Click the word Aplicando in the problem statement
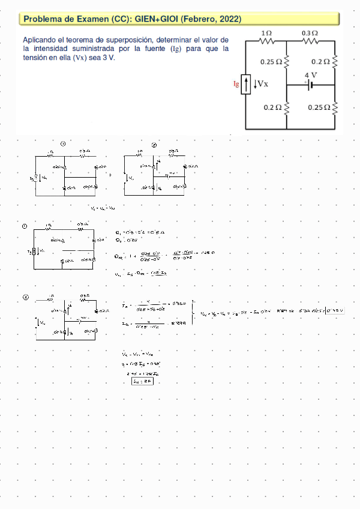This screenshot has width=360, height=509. [x=41, y=40]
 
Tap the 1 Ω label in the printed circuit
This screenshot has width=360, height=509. [x=267, y=32]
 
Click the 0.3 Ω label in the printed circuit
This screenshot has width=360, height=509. [x=310, y=32]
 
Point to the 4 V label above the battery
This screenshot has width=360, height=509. [x=311, y=75]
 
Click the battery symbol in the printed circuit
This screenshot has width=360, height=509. [x=311, y=85]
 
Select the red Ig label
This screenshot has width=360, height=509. [x=236, y=84]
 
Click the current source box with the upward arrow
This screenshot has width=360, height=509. [x=246, y=85]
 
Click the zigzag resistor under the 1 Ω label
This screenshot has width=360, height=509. [x=266, y=41]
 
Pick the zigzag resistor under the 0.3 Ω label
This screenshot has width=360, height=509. [x=310, y=41]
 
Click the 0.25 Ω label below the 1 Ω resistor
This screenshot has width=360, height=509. [x=271, y=61]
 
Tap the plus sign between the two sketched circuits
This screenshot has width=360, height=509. [x=111, y=175]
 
